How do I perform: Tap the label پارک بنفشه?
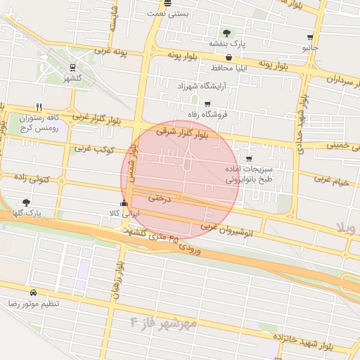(227, 44)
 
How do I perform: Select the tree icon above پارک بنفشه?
(226, 32)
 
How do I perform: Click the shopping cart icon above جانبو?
(310, 37)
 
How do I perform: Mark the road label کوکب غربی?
(90, 149)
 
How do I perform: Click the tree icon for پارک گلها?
(27, 202)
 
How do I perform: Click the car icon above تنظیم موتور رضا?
(33, 292)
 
